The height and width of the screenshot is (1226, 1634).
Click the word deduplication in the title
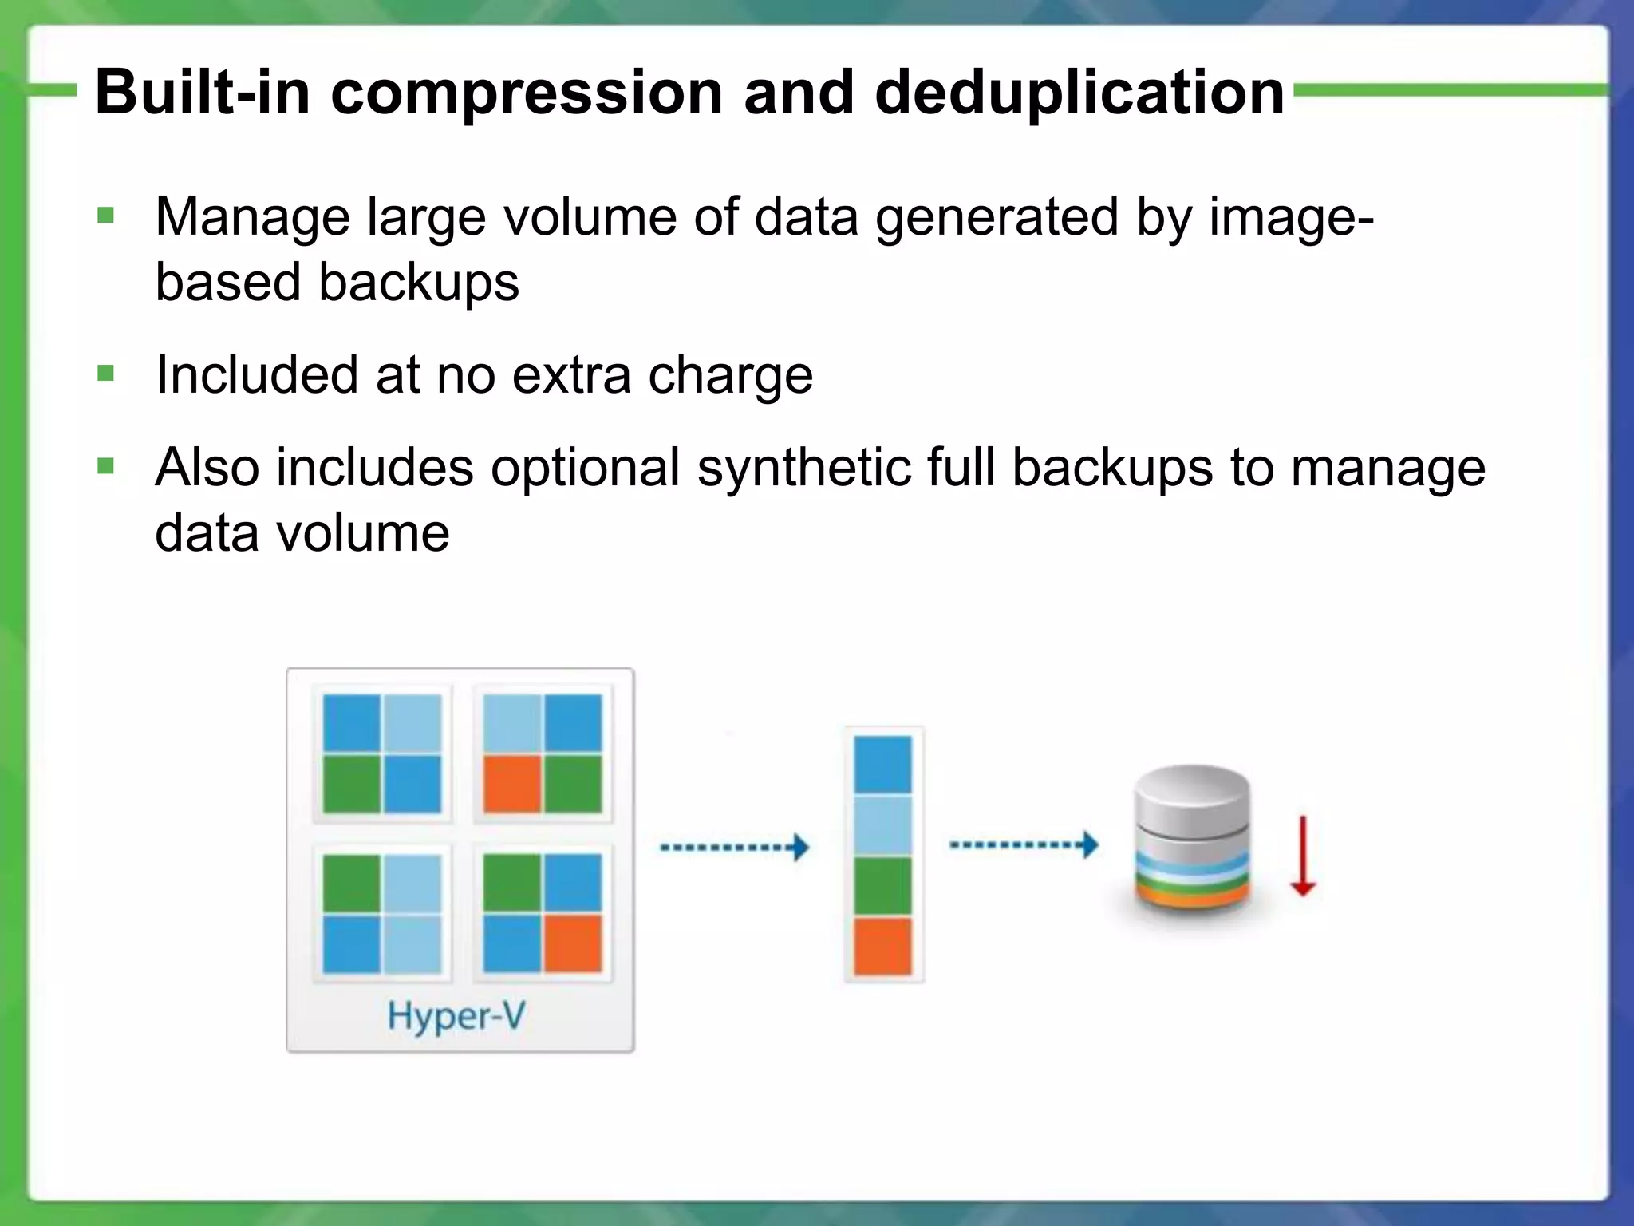pos(1079,93)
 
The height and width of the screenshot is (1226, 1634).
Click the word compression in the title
pos(527,93)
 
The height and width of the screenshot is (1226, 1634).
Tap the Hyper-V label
pos(456,1017)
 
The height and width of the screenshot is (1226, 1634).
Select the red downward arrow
pos(1302,856)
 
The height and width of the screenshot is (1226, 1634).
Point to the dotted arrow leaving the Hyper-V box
pos(734,847)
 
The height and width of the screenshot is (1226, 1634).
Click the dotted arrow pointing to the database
pos(1023,844)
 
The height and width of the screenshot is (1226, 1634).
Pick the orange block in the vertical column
pos(882,947)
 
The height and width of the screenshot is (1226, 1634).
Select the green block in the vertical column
pos(882,886)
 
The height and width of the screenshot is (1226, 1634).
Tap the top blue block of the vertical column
pos(882,765)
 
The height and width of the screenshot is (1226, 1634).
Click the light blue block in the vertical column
pos(882,825)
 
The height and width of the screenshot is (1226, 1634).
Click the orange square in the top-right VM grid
pos(512,784)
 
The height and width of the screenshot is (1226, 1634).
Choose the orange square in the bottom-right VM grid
pos(573,943)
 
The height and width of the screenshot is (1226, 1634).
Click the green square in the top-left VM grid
pos(352,784)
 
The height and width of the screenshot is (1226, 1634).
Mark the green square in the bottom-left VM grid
pos(352,883)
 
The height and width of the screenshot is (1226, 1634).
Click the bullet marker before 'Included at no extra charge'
pos(105,373)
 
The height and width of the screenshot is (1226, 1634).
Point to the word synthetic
pos(803,468)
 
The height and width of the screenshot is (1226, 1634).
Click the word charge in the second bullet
pos(730,375)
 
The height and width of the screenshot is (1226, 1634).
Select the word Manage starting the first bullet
pos(252,217)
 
